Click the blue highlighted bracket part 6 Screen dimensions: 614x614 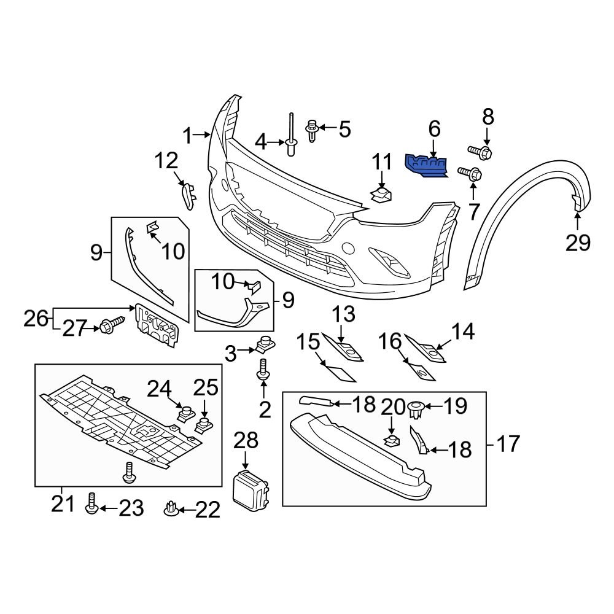[426, 166]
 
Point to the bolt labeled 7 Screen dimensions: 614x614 [471, 174]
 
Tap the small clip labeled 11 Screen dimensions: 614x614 [381, 196]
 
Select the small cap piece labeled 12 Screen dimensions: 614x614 [188, 196]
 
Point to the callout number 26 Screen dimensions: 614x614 [36, 318]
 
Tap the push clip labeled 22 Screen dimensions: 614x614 [171, 508]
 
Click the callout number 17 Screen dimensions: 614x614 [507, 443]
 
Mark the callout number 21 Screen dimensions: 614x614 [62, 505]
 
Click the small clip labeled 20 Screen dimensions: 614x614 [391, 439]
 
